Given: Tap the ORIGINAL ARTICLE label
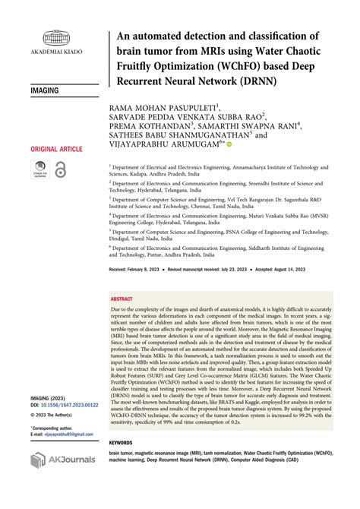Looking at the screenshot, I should coord(57,150).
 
